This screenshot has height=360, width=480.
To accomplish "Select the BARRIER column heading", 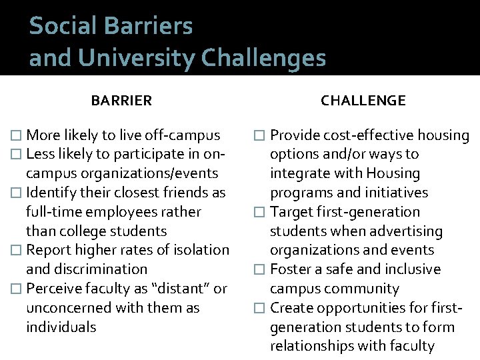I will [121, 101].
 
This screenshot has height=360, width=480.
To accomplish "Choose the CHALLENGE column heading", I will [363, 101].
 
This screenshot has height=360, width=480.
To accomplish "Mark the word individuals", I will [61, 327].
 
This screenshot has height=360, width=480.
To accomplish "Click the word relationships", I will [312, 346].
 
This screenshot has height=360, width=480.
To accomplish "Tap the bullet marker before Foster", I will [260, 270].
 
